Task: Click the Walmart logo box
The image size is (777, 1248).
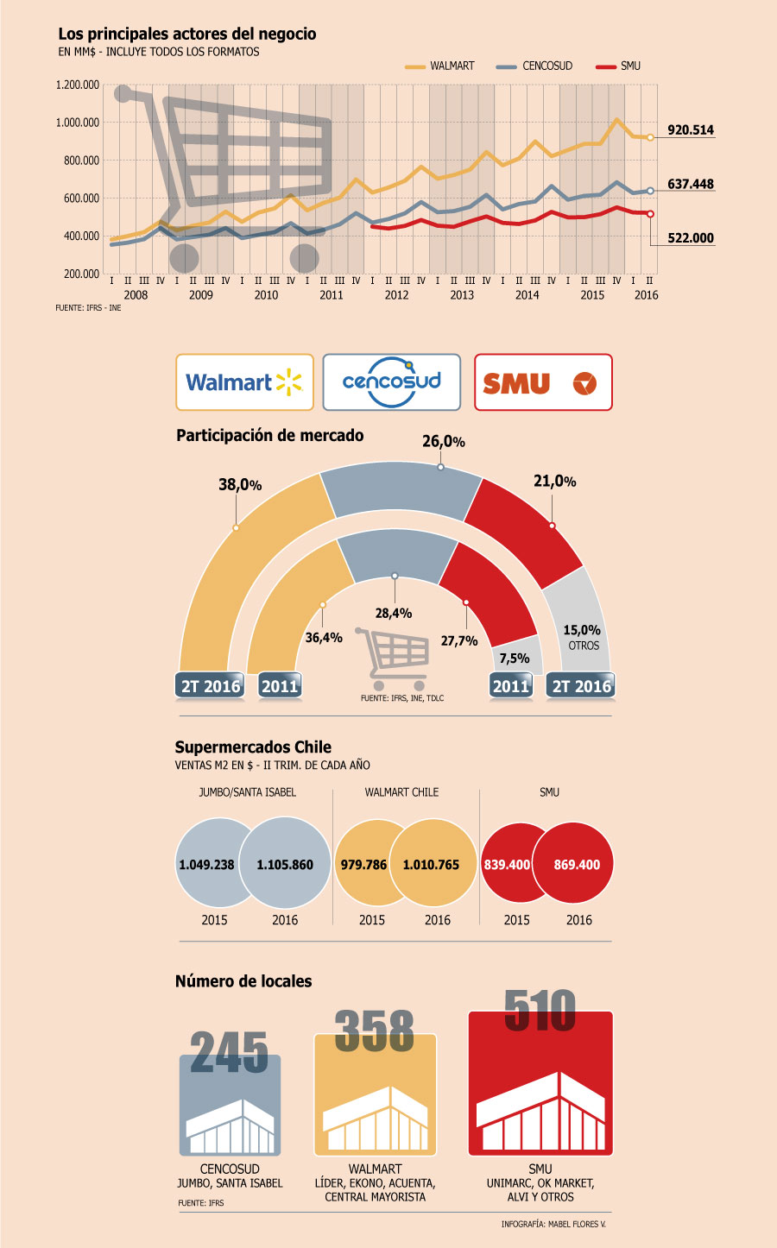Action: click(x=244, y=382)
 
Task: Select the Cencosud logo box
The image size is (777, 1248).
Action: click(x=392, y=382)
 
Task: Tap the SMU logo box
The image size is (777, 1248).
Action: click(x=543, y=382)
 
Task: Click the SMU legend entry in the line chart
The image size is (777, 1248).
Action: click(x=618, y=66)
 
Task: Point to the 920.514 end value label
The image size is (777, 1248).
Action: click(x=691, y=129)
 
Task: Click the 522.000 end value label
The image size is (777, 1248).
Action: click(x=691, y=238)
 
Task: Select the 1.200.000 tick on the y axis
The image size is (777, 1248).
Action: click(x=78, y=85)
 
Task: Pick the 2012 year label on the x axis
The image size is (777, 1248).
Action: click(x=397, y=294)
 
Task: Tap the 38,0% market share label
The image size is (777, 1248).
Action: click(x=240, y=485)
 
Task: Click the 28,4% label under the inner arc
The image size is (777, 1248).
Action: click(x=394, y=614)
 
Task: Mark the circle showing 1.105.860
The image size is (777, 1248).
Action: click(x=285, y=863)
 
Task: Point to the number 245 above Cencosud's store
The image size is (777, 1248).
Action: click(x=229, y=1052)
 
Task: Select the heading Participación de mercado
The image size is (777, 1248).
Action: click(x=269, y=435)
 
